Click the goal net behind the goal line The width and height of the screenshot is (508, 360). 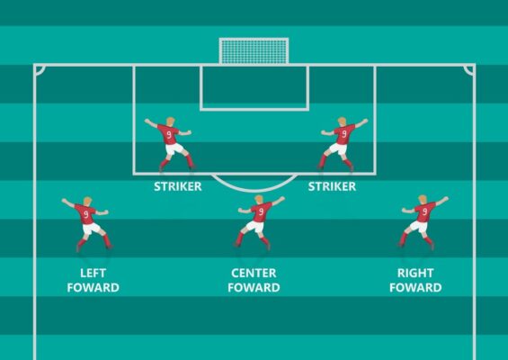[254, 51]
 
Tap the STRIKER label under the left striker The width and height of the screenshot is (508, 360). [177, 186]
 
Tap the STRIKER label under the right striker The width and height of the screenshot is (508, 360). [332, 186]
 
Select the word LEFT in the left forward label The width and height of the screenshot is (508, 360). [93, 273]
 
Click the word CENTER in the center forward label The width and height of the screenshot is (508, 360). [254, 273]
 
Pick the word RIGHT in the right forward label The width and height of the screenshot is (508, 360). [415, 273]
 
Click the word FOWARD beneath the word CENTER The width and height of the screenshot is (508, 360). [254, 288]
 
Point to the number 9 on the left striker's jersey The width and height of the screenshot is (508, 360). [169, 135]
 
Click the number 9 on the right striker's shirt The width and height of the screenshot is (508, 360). [343, 134]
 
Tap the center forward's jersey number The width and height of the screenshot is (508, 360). [261, 211]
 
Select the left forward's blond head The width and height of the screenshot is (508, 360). [87, 201]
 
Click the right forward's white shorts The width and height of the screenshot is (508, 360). [419, 227]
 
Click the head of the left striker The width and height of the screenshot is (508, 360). [171, 121]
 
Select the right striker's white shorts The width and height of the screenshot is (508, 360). [338, 148]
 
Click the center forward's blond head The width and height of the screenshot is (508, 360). [259, 200]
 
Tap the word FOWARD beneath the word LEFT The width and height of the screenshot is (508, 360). [93, 288]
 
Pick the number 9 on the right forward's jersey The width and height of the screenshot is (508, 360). [424, 211]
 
